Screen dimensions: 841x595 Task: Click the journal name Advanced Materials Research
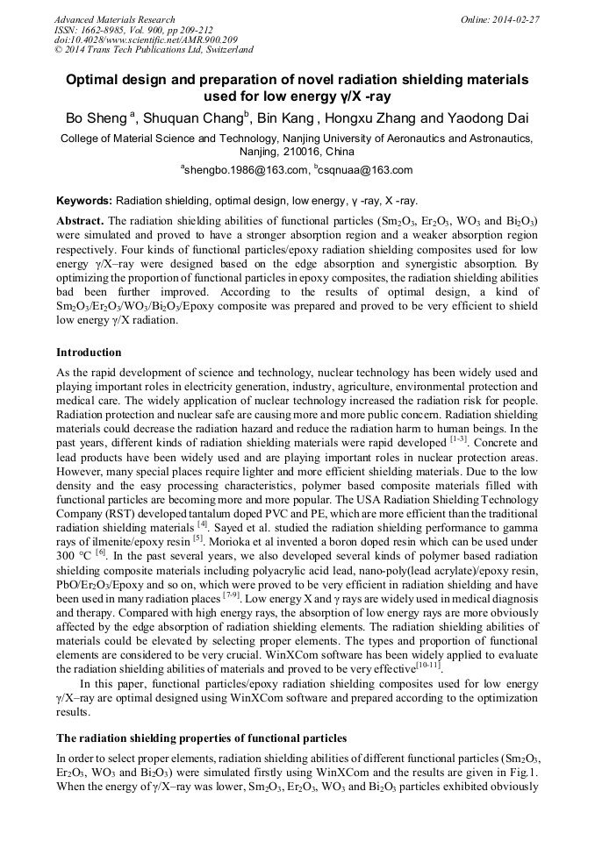pos(114,19)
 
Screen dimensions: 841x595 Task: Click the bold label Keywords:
pos(84,201)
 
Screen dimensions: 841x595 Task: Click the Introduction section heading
pos(89,353)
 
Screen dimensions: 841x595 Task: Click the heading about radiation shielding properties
pos(201,738)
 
